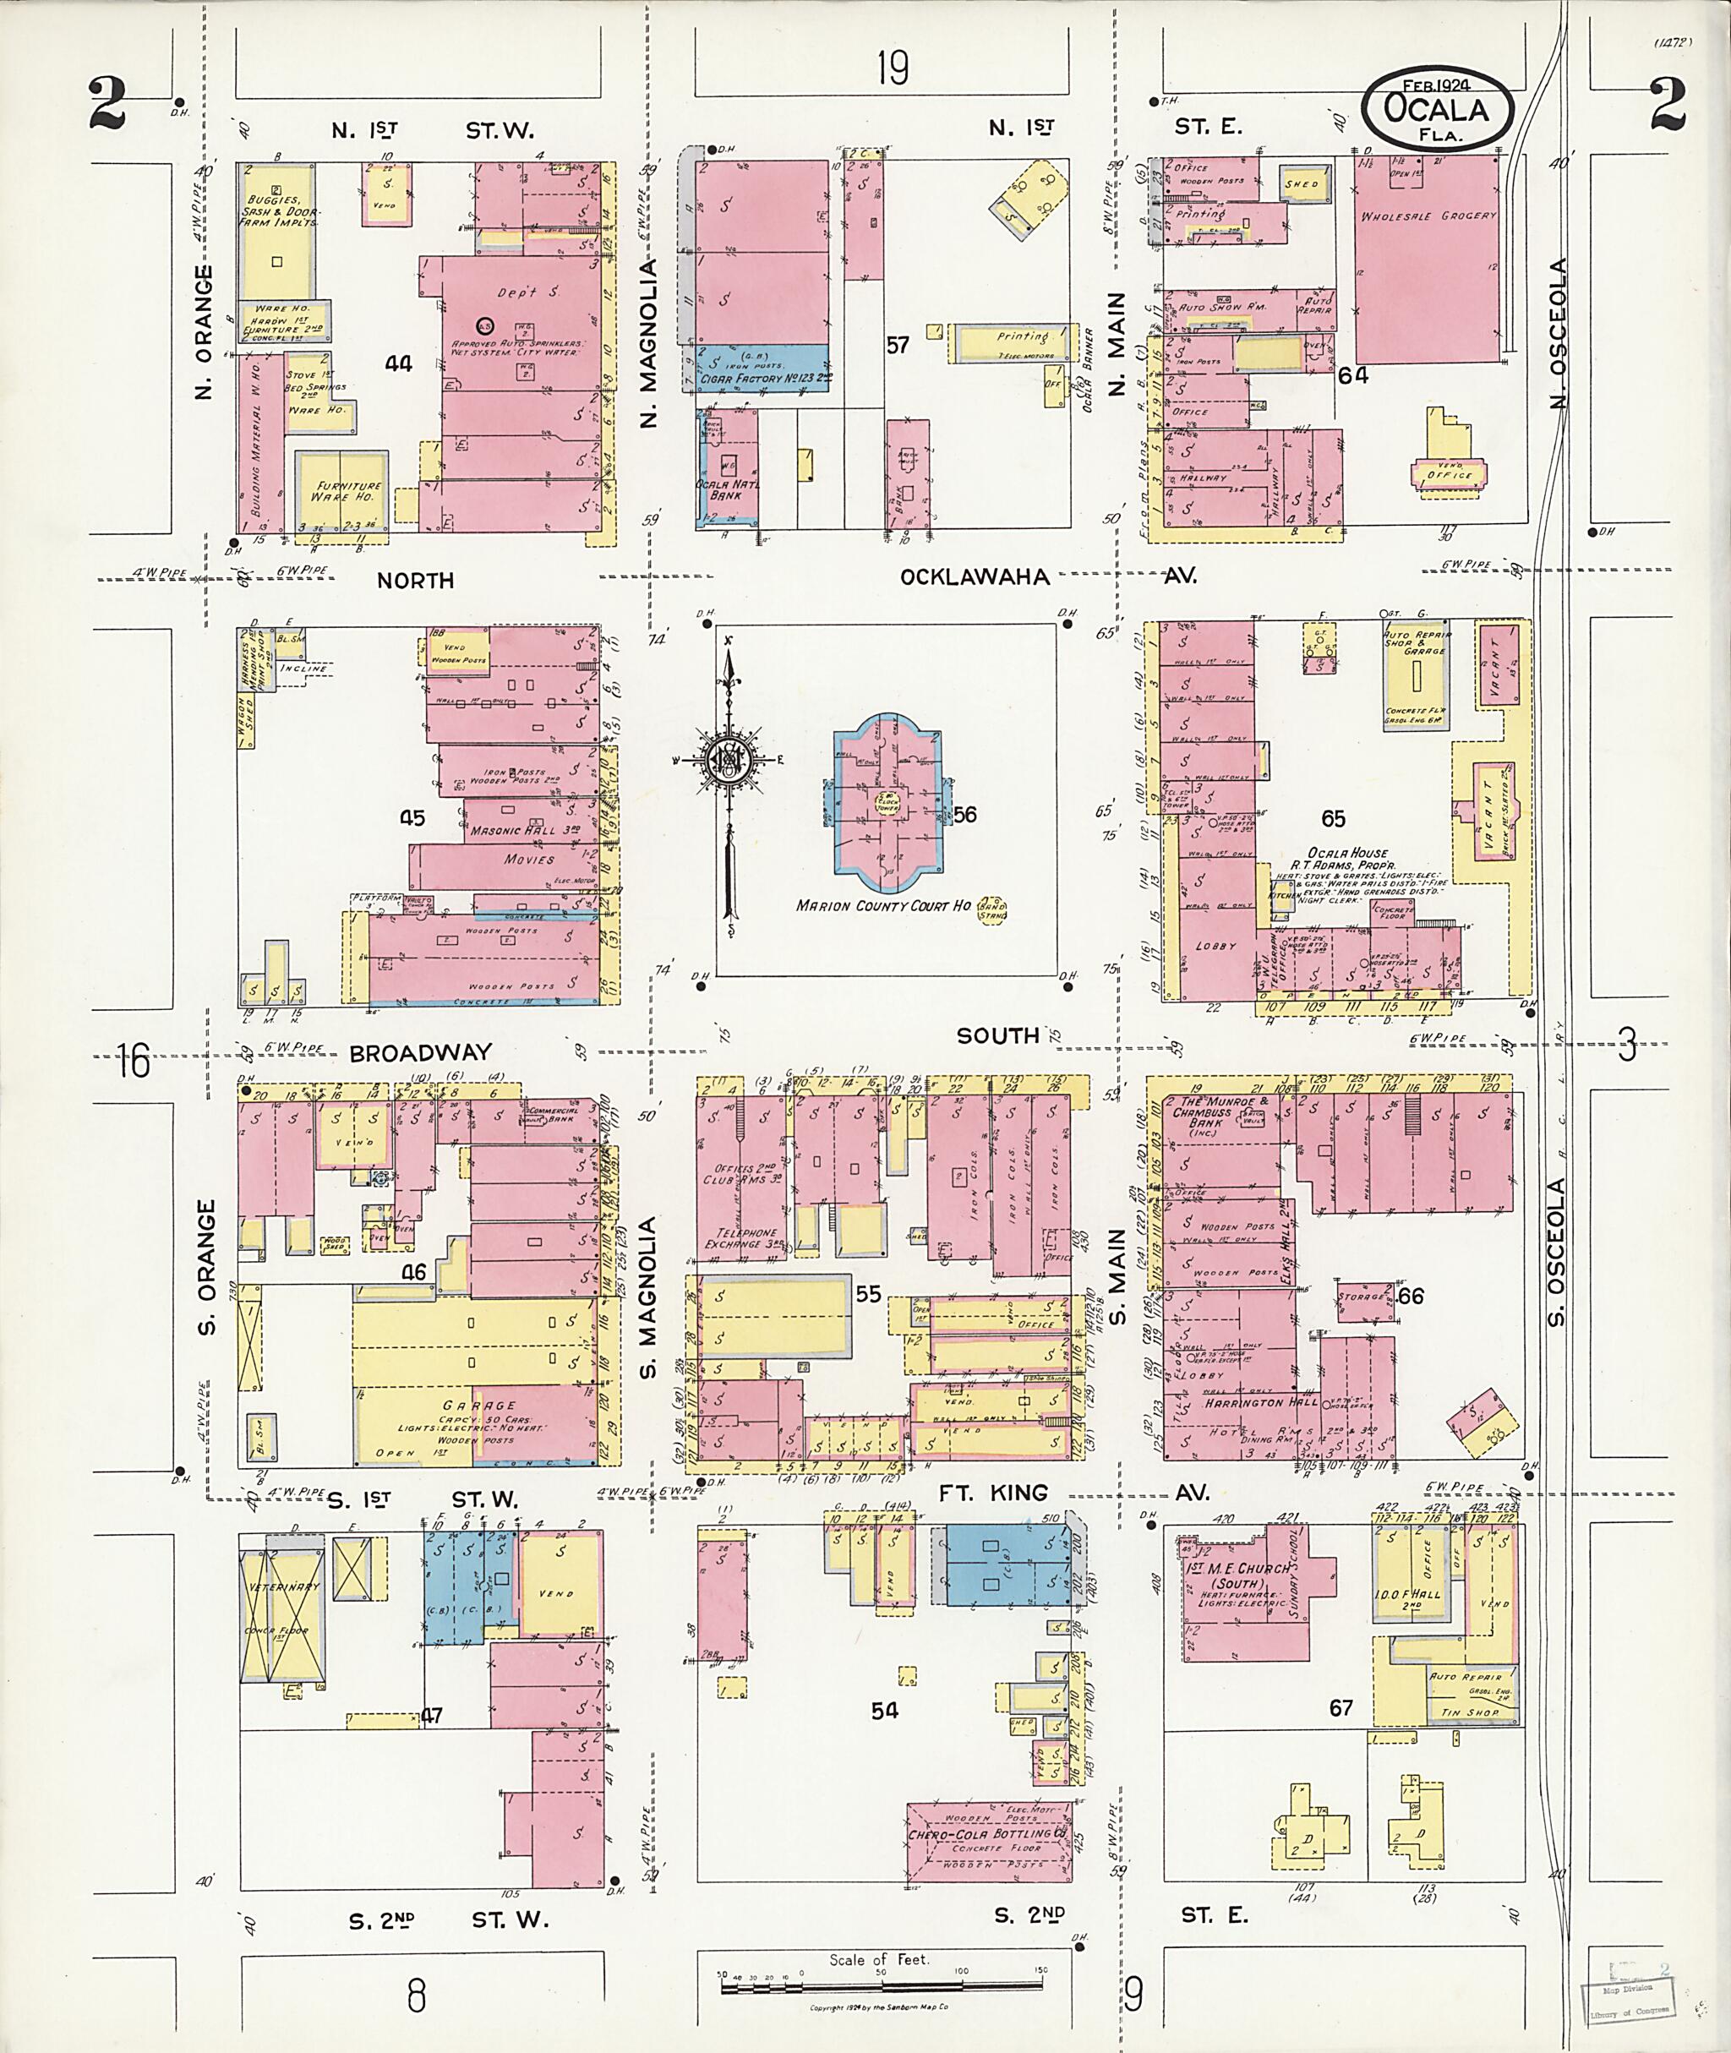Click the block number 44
point(397,363)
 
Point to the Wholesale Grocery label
point(1428,216)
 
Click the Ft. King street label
point(993,1493)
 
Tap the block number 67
point(1341,1707)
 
